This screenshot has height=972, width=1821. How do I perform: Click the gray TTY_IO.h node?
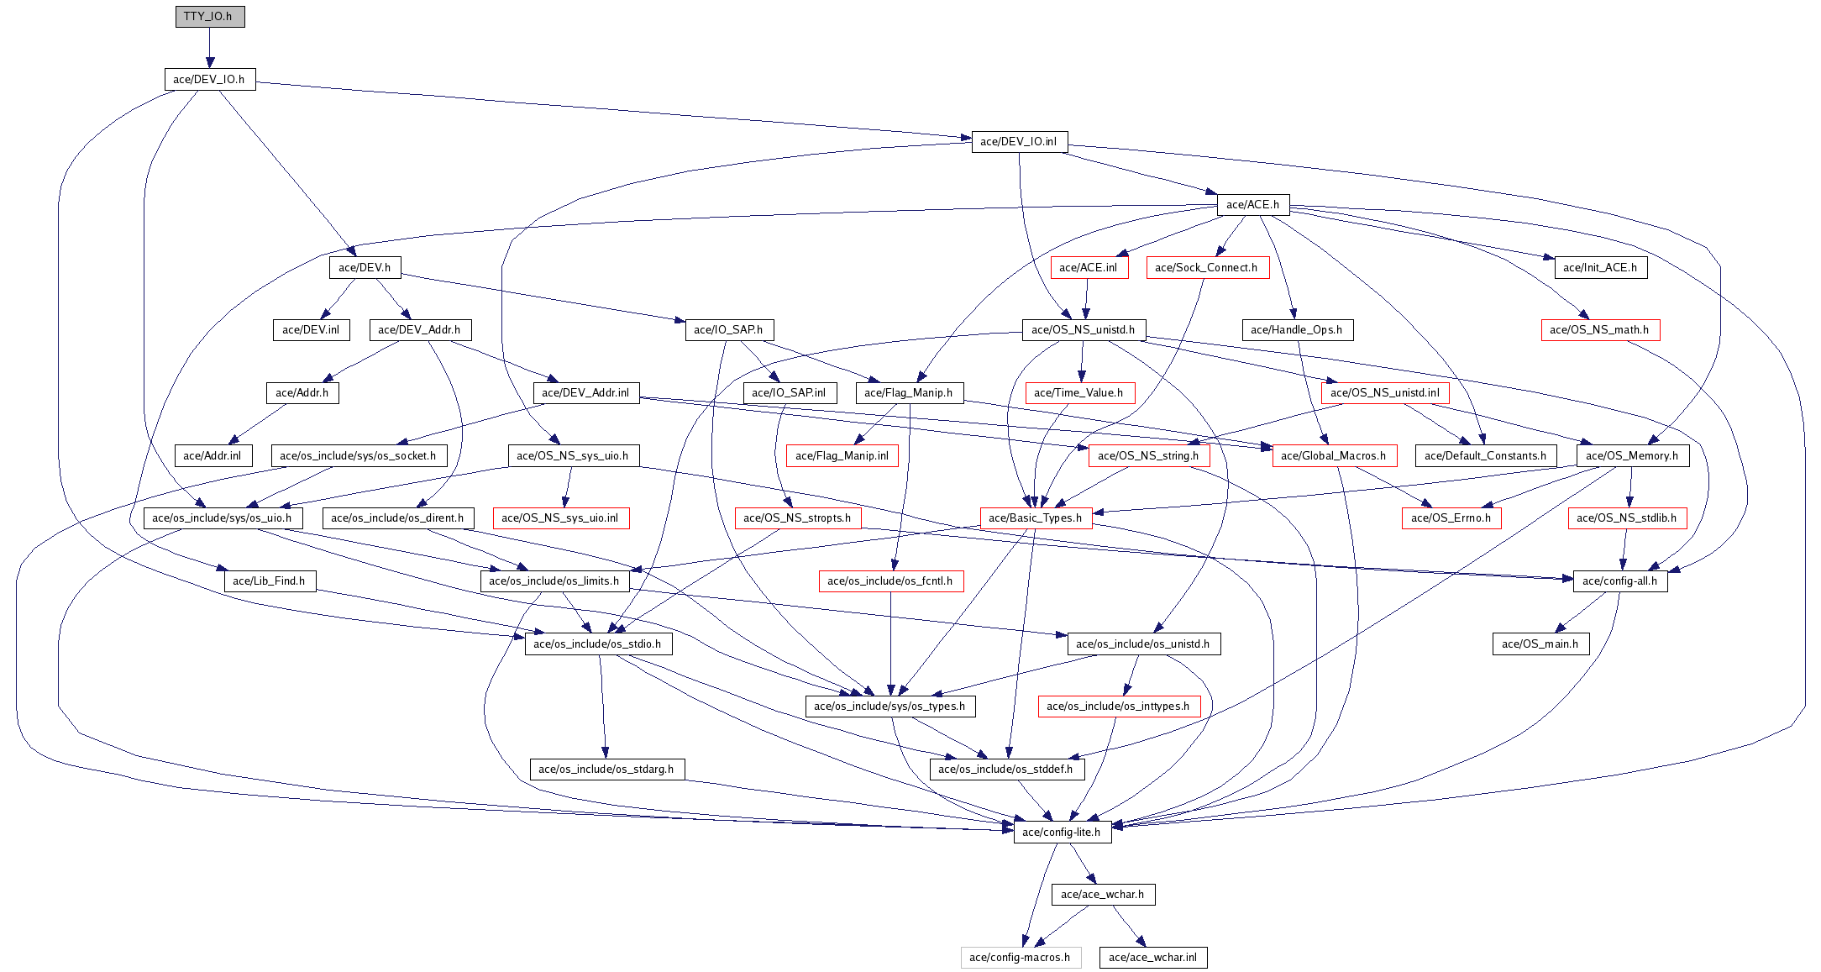(x=209, y=17)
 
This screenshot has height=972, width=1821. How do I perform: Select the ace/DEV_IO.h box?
(x=209, y=80)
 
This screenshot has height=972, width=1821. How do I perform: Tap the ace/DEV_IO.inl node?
(x=1019, y=142)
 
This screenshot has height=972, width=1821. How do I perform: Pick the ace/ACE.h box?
(x=1252, y=205)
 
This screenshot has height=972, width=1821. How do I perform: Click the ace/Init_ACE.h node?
(x=1599, y=268)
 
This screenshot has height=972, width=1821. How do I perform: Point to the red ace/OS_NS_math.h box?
(x=1599, y=330)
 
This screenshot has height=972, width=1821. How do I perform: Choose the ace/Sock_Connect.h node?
(x=1206, y=268)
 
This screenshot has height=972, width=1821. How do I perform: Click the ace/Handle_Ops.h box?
(x=1296, y=330)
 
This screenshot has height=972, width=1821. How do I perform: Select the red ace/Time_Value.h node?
(x=1078, y=393)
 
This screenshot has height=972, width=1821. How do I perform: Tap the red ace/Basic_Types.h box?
(x=1036, y=518)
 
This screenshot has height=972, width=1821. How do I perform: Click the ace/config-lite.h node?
(x=1062, y=833)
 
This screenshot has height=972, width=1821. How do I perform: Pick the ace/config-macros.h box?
(x=1020, y=958)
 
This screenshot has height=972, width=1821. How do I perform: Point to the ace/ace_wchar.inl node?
(x=1152, y=958)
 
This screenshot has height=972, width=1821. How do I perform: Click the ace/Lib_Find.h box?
(x=269, y=581)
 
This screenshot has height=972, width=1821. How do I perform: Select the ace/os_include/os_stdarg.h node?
(x=606, y=770)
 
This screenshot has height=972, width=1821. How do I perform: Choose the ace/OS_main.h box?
(x=1540, y=644)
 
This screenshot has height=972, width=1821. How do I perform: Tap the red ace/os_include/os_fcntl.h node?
(x=890, y=581)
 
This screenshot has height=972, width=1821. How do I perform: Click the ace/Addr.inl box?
(x=213, y=456)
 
